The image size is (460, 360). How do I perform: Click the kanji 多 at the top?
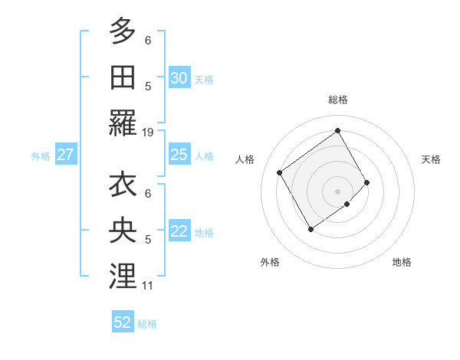coord(123,32)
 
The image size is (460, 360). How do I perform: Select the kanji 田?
coord(123,77)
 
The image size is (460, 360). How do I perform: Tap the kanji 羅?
coord(123,123)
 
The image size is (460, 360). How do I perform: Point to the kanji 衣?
coord(123,186)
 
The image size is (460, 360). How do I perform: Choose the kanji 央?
coord(123,231)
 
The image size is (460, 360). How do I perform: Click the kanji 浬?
coord(123,277)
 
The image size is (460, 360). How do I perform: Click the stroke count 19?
coord(148,133)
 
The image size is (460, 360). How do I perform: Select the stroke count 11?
coord(148,286)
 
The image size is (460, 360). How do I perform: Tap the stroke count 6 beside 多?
coord(148,40)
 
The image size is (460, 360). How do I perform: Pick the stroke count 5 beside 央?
coord(148,240)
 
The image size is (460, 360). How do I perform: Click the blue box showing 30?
coord(179,78)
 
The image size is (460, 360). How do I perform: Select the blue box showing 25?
coord(179,155)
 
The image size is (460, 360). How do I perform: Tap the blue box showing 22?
coord(179,232)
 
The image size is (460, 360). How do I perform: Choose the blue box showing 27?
coord(66,155)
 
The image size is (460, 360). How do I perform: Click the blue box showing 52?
coord(123,322)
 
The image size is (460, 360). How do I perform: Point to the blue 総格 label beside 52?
coord(147,324)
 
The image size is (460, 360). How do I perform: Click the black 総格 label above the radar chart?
coord(338,100)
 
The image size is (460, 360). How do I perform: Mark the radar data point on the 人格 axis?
coord(280,172)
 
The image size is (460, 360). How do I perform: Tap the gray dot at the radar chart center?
coord(337,190)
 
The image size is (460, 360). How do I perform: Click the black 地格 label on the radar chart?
coord(402,262)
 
